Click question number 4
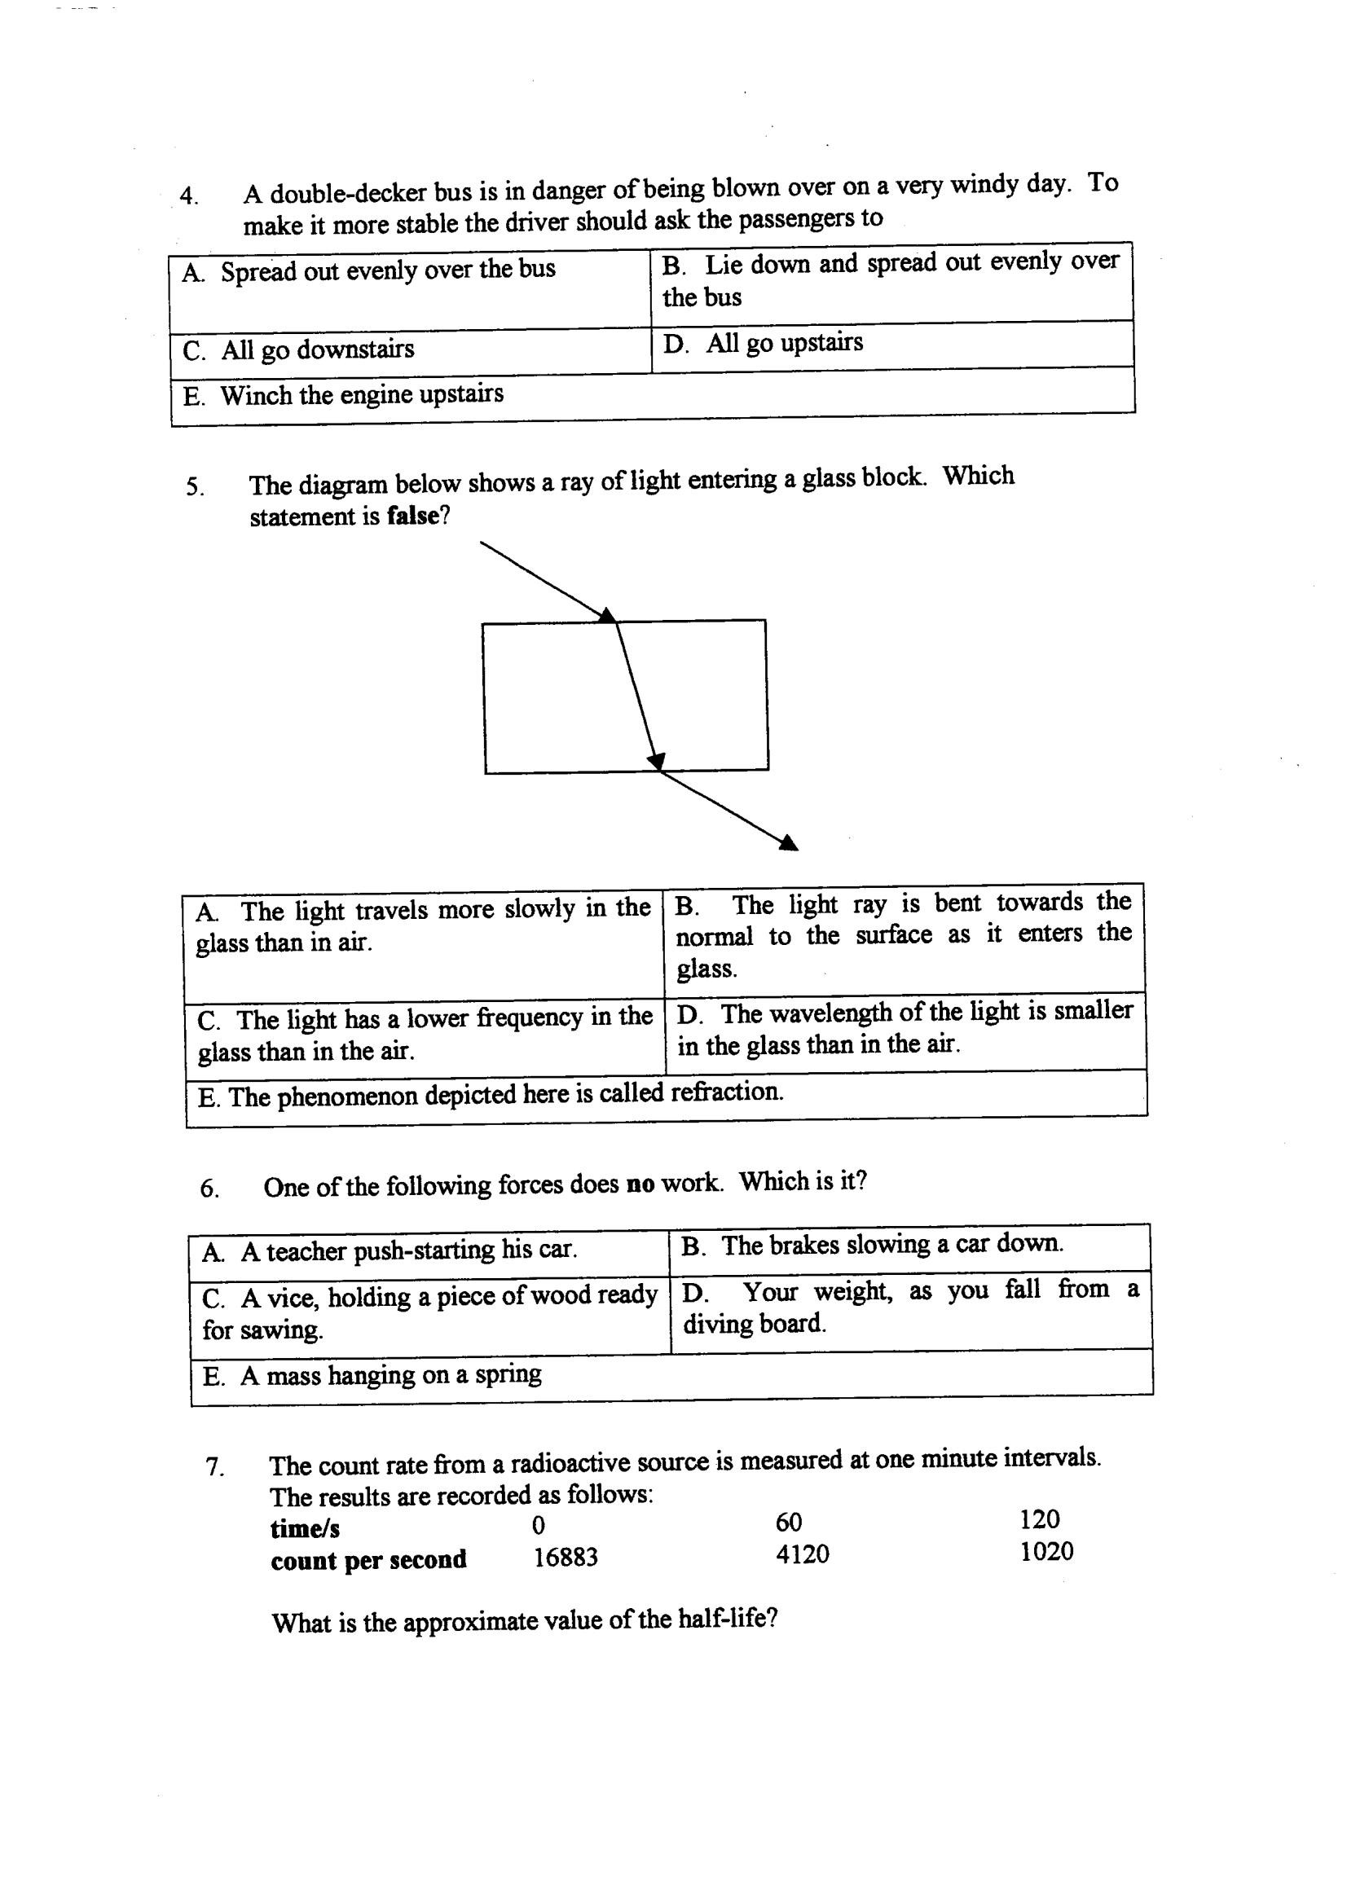(189, 196)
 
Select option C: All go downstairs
(298, 350)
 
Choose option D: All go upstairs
(763, 343)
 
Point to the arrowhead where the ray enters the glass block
(608, 615)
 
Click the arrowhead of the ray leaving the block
(788, 843)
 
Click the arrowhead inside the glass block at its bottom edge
(656, 759)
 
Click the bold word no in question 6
(640, 1185)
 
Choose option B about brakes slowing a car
(871, 1245)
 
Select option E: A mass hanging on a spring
(372, 1376)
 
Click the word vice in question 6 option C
(288, 1297)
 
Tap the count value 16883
(565, 1558)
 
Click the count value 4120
(802, 1554)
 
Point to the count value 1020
(1047, 1551)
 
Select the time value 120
(1040, 1519)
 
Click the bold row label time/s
(305, 1527)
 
